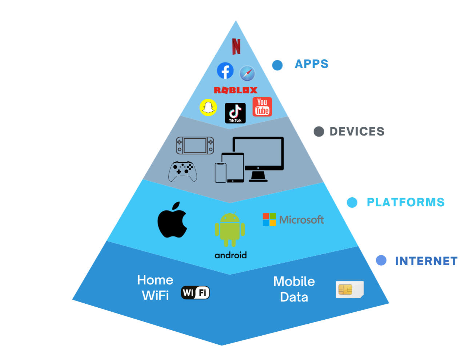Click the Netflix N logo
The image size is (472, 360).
click(236, 46)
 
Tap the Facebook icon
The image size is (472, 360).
click(225, 70)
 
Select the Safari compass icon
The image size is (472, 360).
click(247, 73)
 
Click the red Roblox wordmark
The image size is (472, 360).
click(235, 90)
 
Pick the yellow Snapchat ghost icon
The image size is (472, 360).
click(208, 107)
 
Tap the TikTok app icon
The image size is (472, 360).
click(235, 113)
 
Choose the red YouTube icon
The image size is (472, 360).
click(262, 107)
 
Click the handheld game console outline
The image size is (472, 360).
click(195, 146)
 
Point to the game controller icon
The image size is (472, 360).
click(183, 171)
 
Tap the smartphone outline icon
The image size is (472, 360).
click(220, 173)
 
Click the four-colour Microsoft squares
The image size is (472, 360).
click(269, 219)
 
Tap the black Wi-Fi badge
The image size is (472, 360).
click(195, 292)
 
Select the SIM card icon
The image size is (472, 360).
click(349, 290)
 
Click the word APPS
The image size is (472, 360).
click(312, 64)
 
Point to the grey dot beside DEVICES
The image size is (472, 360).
click(319, 132)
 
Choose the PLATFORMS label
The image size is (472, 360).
click(405, 202)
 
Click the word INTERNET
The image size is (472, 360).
click(426, 261)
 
